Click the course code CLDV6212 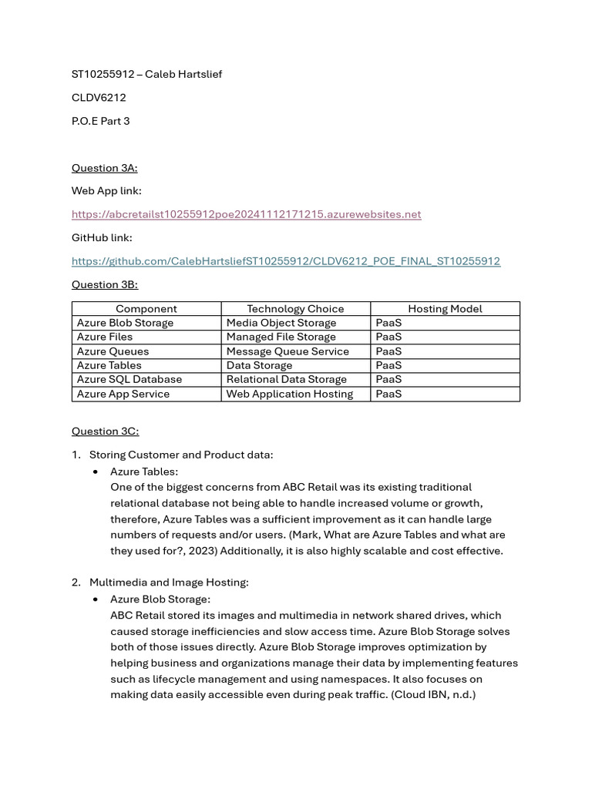click(99, 98)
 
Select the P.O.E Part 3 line click(100, 121)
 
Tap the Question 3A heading click(104, 168)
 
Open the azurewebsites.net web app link click(246, 214)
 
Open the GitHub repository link click(285, 261)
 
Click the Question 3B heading click(104, 284)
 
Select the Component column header click(146, 309)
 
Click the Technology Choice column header click(295, 309)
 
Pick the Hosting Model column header click(445, 309)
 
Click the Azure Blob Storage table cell click(125, 323)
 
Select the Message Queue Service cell click(288, 351)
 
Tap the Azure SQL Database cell click(129, 379)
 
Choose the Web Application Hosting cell click(289, 394)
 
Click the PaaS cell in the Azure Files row click(388, 337)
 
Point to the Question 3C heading click(105, 431)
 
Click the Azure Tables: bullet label click(144, 471)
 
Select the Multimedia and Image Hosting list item click(169, 583)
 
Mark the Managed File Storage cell click(281, 337)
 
